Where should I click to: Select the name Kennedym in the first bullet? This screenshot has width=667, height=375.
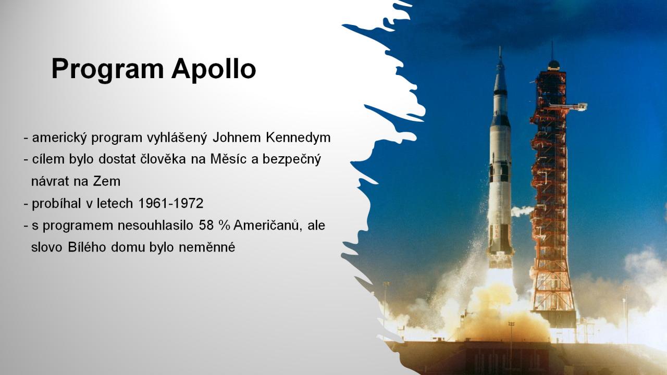pyautogui.click(x=298, y=137)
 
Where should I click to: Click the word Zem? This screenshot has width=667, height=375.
pyautogui.click(x=107, y=181)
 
